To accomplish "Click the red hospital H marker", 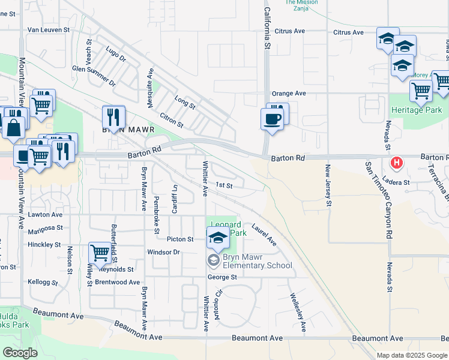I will (x=397, y=163).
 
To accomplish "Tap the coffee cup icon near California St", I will (x=271, y=119).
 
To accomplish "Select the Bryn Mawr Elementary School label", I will (x=257, y=261).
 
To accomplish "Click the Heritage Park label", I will (x=416, y=110).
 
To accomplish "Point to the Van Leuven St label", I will (x=49, y=29).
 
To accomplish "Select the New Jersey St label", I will (x=328, y=186).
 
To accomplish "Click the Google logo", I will (x=20, y=353).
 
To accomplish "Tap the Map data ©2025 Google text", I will (x=412, y=355).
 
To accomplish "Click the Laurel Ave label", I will (x=264, y=235).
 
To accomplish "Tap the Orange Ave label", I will (x=289, y=94).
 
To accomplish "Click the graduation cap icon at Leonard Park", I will (x=218, y=238).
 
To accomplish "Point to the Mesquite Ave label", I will (x=151, y=88).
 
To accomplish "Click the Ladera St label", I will (x=397, y=182).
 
